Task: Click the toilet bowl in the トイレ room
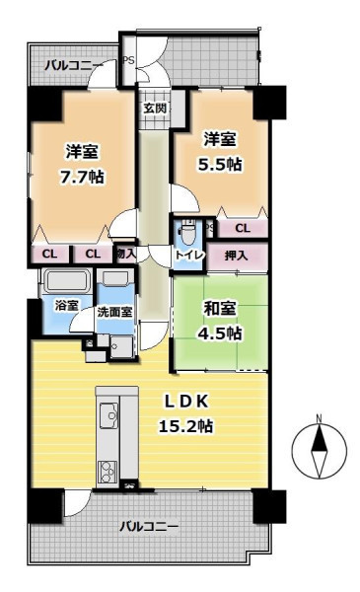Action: [x=186, y=235]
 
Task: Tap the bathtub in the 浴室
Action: [x=67, y=281]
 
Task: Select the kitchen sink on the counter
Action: [x=108, y=415]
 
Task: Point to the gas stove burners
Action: [x=108, y=472]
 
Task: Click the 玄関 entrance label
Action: [x=155, y=109]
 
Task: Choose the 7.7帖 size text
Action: [x=82, y=177]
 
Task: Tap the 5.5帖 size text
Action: [x=220, y=164]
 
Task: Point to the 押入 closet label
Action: [x=237, y=256]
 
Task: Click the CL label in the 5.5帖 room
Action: [x=243, y=228]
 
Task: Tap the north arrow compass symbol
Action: [x=320, y=448]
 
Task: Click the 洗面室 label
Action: [x=114, y=312]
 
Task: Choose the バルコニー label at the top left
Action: [x=74, y=66]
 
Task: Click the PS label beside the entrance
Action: [x=128, y=60]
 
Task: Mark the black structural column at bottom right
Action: [x=269, y=506]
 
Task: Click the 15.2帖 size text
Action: [x=185, y=426]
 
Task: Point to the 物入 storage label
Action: [x=125, y=254]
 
